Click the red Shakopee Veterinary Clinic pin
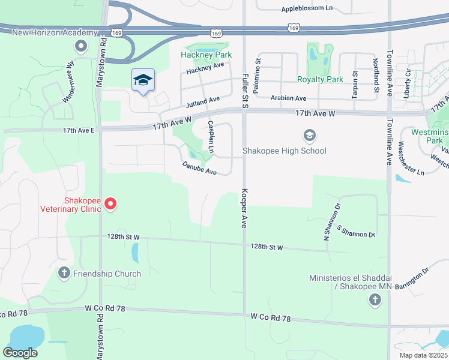(x=110, y=205)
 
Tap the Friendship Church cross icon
(x=64, y=274)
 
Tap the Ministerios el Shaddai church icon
(x=375, y=300)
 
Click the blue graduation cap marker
(x=143, y=80)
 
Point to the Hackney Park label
(x=206, y=55)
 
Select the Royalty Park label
(x=320, y=79)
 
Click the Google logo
(x=20, y=352)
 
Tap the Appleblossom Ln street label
(x=307, y=9)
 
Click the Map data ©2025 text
(x=423, y=355)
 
